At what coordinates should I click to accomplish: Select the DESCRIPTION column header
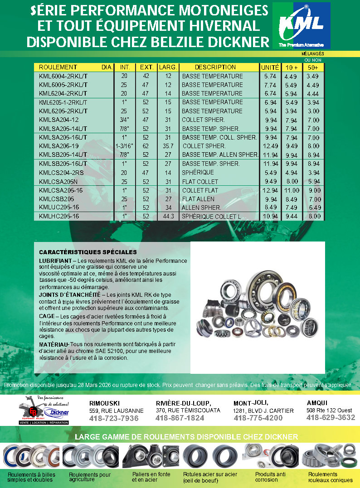click(209, 67)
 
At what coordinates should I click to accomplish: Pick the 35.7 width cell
click(168, 146)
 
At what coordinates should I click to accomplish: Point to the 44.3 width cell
click(168, 217)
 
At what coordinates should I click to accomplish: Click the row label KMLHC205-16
click(59, 217)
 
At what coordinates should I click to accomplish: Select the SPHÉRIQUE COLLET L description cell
click(211, 217)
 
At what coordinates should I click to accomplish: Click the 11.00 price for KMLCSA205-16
click(292, 191)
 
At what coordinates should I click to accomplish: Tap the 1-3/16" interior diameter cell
click(124, 146)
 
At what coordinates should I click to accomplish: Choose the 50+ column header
click(312, 68)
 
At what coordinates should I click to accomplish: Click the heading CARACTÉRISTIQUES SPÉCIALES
click(88, 252)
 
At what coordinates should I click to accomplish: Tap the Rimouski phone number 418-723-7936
click(114, 418)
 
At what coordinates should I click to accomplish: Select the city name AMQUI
click(317, 403)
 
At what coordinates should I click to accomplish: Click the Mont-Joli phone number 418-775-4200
click(258, 418)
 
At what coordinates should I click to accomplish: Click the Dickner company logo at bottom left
click(44, 410)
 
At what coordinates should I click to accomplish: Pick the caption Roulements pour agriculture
click(90, 477)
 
